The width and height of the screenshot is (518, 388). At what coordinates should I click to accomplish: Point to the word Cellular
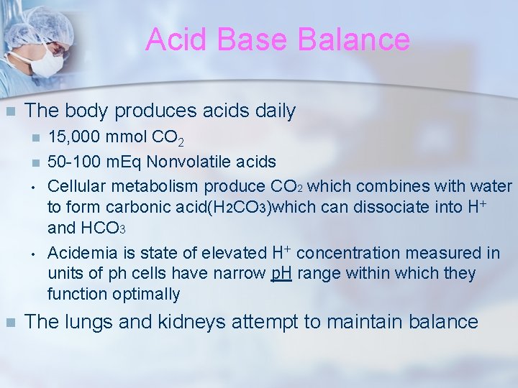tap(75, 185)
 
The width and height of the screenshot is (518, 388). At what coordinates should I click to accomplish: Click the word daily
tap(271, 111)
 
